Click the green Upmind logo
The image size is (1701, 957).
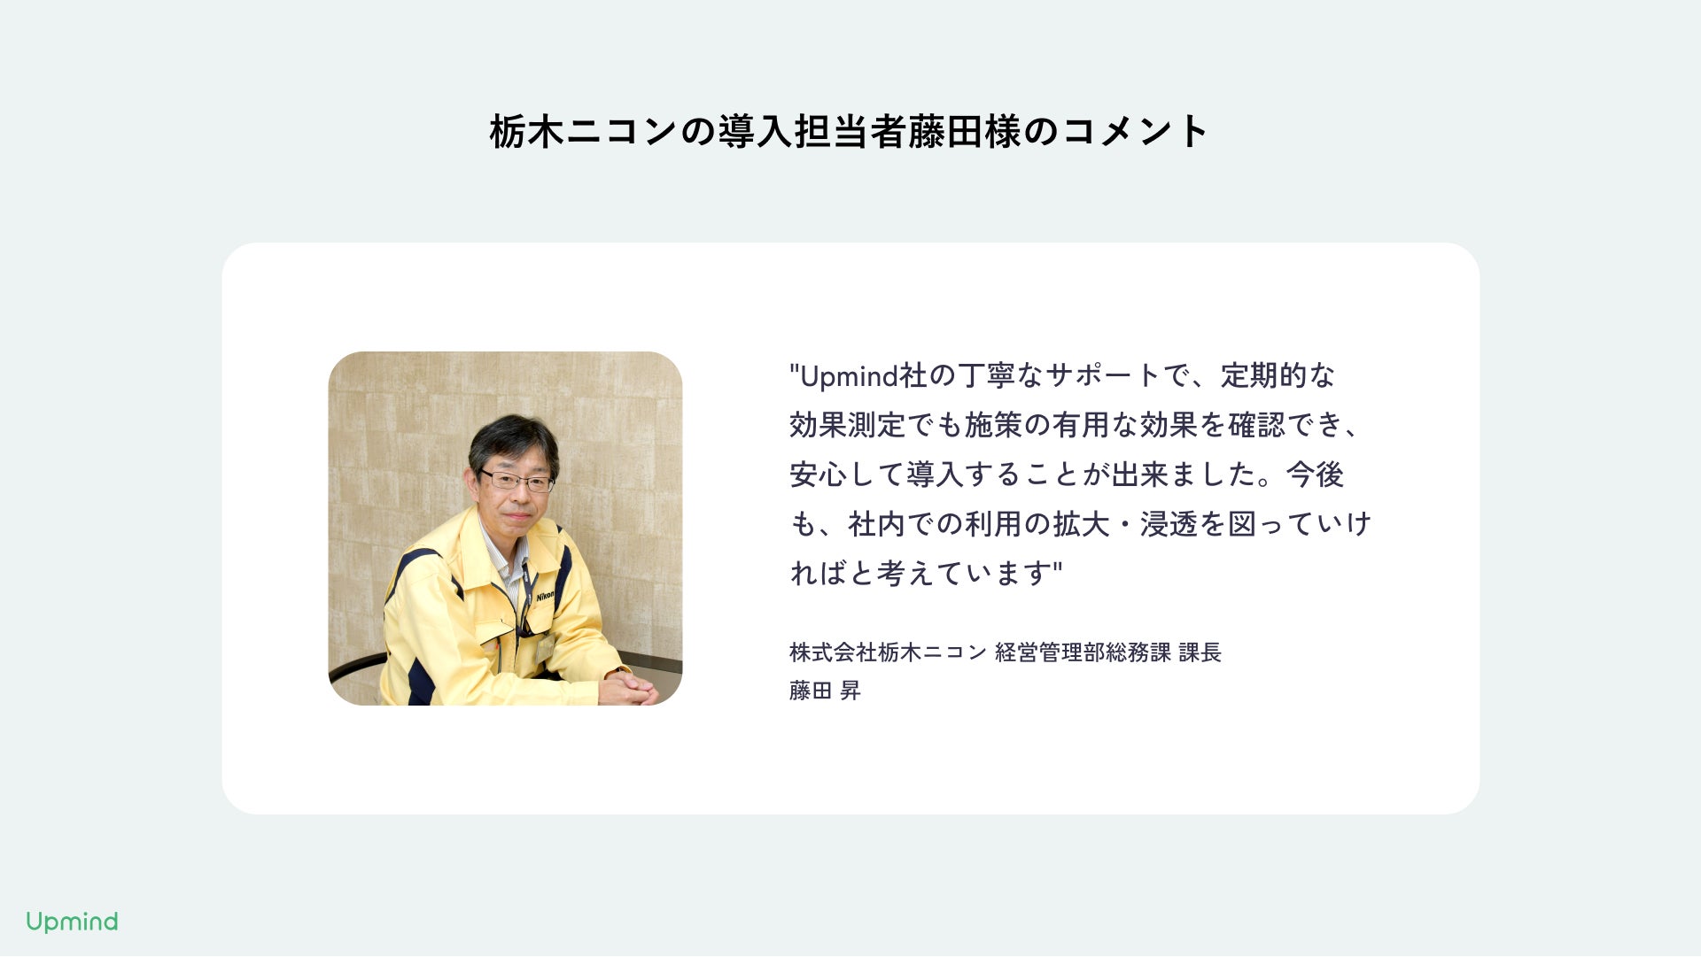[x=72, y=922]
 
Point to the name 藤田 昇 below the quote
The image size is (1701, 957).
[x=825, y=691]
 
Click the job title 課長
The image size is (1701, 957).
[x=1200, y=652]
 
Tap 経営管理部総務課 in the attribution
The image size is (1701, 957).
[x=1083, y=652]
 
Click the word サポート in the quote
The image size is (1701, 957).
[x=1102, y=376]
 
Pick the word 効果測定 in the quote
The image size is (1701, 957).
[x=847, y=426]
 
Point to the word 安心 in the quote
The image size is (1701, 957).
[x=818, y=475]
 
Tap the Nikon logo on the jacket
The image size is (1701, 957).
[x=545, y=597]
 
